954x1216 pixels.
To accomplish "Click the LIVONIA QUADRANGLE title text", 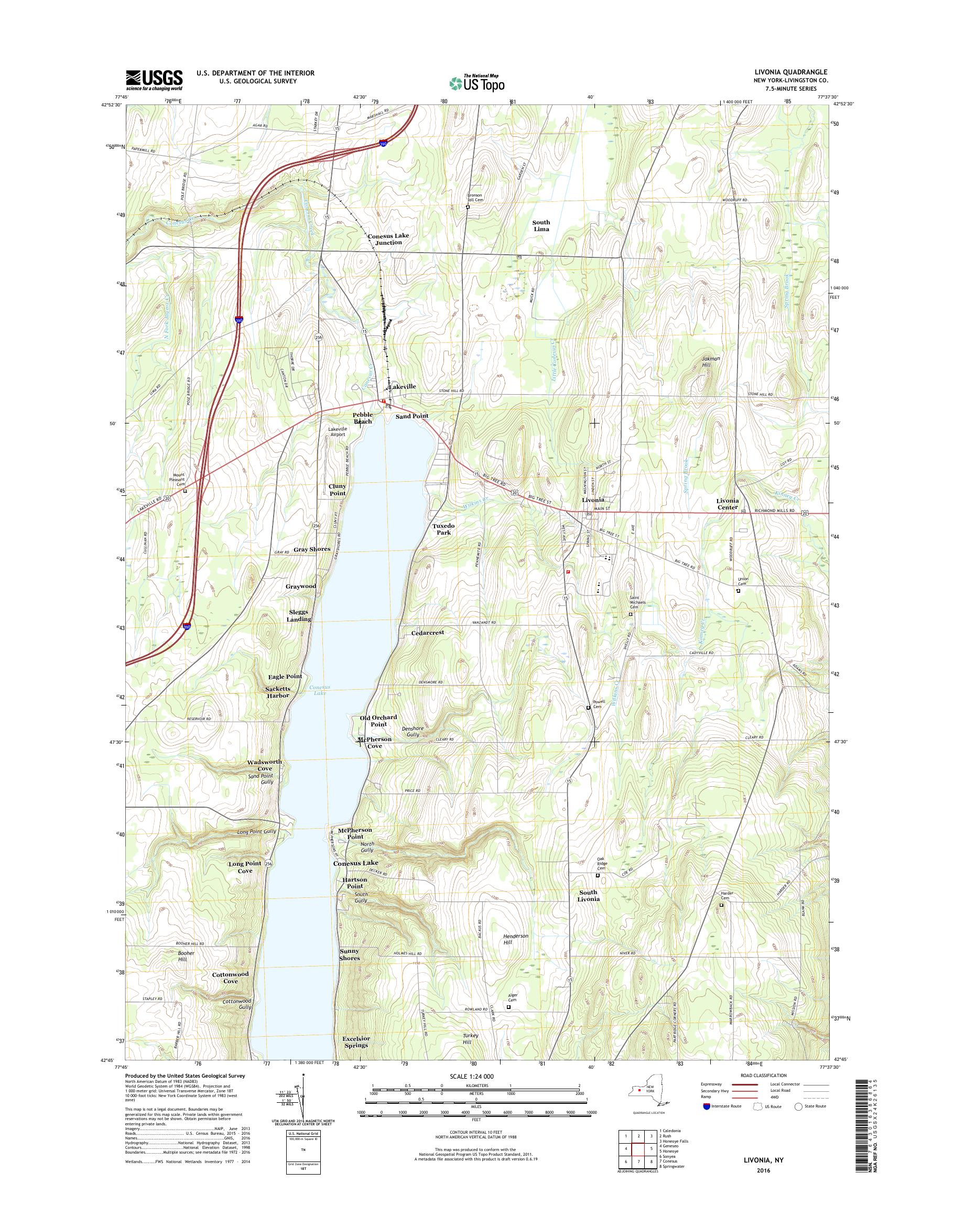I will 798,72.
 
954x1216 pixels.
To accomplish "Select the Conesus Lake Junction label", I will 388,239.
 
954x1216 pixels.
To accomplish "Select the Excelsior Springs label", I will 356,1042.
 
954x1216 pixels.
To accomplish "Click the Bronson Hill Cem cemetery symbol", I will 468,207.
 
